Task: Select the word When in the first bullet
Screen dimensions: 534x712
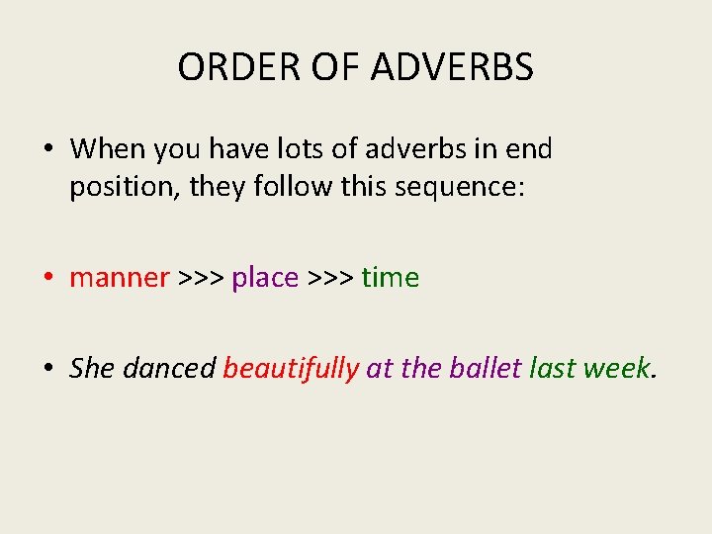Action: (x=107, y=149)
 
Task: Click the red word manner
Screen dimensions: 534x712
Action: (x=119, y=279)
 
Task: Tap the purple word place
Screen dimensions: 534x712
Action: (x=264, y=279)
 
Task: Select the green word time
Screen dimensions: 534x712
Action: (x=390, y=279)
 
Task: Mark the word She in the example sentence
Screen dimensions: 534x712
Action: (x=92, y=369)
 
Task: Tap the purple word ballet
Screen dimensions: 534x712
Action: (x=485, y=369)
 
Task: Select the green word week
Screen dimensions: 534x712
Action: (x=617, y=369)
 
